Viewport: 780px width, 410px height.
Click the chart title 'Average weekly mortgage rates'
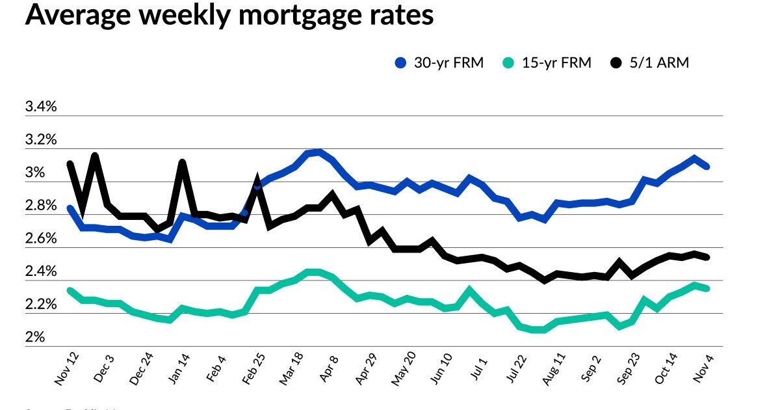click(x=229, y=16)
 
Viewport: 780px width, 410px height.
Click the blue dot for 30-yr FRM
click(x=401, y=63)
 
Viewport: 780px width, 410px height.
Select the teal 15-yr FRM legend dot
click(x=508, y=63)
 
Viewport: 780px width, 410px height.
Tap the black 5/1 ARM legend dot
click(x=616, y=63)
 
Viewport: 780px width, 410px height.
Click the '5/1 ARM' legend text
click(x=660, y=63)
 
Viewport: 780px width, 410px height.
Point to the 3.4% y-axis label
click(x=41, y=107)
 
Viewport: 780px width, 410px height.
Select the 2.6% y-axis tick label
click(x=41, y=239)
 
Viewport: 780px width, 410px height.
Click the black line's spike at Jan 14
click(x=183, y=162)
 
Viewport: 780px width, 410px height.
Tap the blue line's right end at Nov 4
click(x=707, y=167)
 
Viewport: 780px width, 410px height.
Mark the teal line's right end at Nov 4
click(x=707, y=288)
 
